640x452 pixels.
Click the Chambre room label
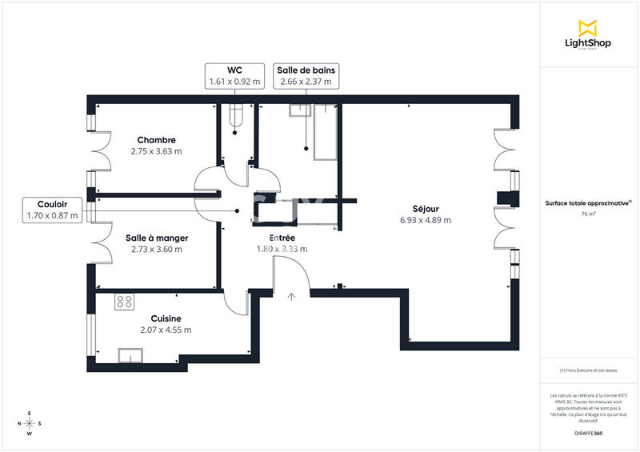point(156,140)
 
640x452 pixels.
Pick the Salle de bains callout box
point(306,76)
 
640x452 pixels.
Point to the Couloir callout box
point(52,210)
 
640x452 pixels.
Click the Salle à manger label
point(157,238)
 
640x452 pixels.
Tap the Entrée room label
point(282,238)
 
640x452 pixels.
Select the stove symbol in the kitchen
point(125,302)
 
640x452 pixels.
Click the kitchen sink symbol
point(130,355)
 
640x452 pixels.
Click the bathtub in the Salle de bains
point(326,131)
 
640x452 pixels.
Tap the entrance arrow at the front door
point(292,297)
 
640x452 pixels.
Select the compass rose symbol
point(30,424)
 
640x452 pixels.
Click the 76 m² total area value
point(588,214)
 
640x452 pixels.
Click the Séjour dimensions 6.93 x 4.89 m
point(425,221)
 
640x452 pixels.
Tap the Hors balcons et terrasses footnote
point(588,370)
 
